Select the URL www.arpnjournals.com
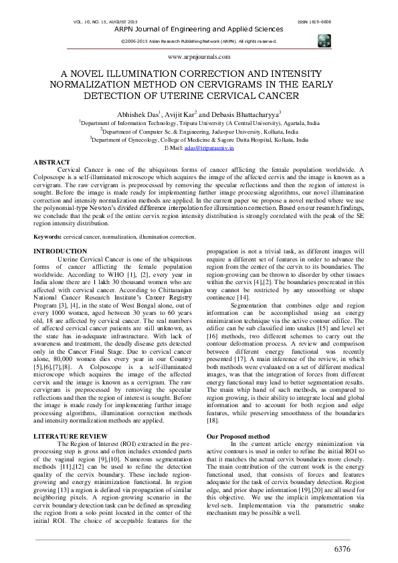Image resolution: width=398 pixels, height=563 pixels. [199, 58]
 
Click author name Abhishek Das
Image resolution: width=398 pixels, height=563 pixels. [138, 114]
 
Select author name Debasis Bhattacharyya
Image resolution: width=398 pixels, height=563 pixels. [241, 114]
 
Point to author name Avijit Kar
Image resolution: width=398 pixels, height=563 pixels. [179, 114]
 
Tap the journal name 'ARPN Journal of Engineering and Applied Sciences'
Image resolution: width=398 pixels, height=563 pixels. [199, 29]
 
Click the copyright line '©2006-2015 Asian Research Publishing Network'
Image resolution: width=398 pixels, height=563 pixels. [181, 41]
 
